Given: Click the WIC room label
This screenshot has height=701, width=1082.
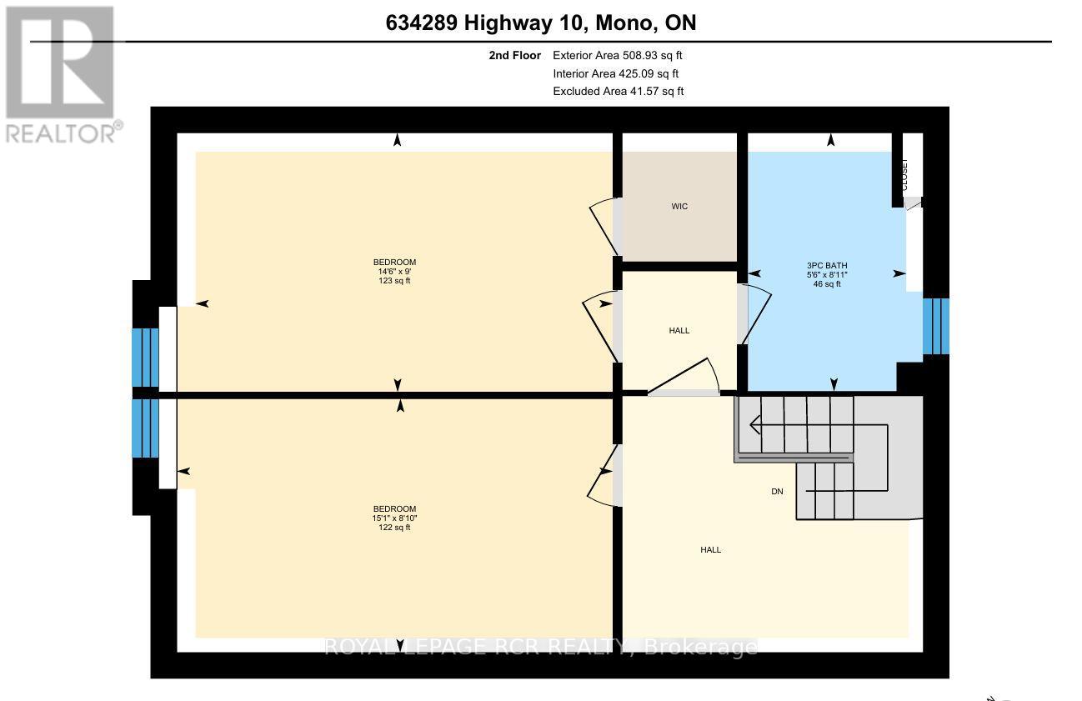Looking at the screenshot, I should pos(679,206).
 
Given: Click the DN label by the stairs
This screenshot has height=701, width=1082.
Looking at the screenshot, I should pos(777,492).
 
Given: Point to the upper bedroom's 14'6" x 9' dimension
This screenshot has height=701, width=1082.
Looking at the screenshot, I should pos(394,272).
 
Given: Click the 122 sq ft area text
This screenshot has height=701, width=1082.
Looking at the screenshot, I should pos(394,528).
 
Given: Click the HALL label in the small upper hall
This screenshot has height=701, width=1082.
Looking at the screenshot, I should pos(679,331).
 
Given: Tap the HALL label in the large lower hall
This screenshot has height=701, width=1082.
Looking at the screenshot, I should pos(710,550).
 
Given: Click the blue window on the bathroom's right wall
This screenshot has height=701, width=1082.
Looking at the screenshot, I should pos(935,325).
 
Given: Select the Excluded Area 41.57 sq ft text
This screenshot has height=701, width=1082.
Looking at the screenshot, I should pos(619,92).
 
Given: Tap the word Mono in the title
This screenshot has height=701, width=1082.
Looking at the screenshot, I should pos(627,23).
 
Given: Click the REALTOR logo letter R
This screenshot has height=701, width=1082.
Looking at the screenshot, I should pos(60,63).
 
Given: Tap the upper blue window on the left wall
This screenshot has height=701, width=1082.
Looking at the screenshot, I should pos(145,357).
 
